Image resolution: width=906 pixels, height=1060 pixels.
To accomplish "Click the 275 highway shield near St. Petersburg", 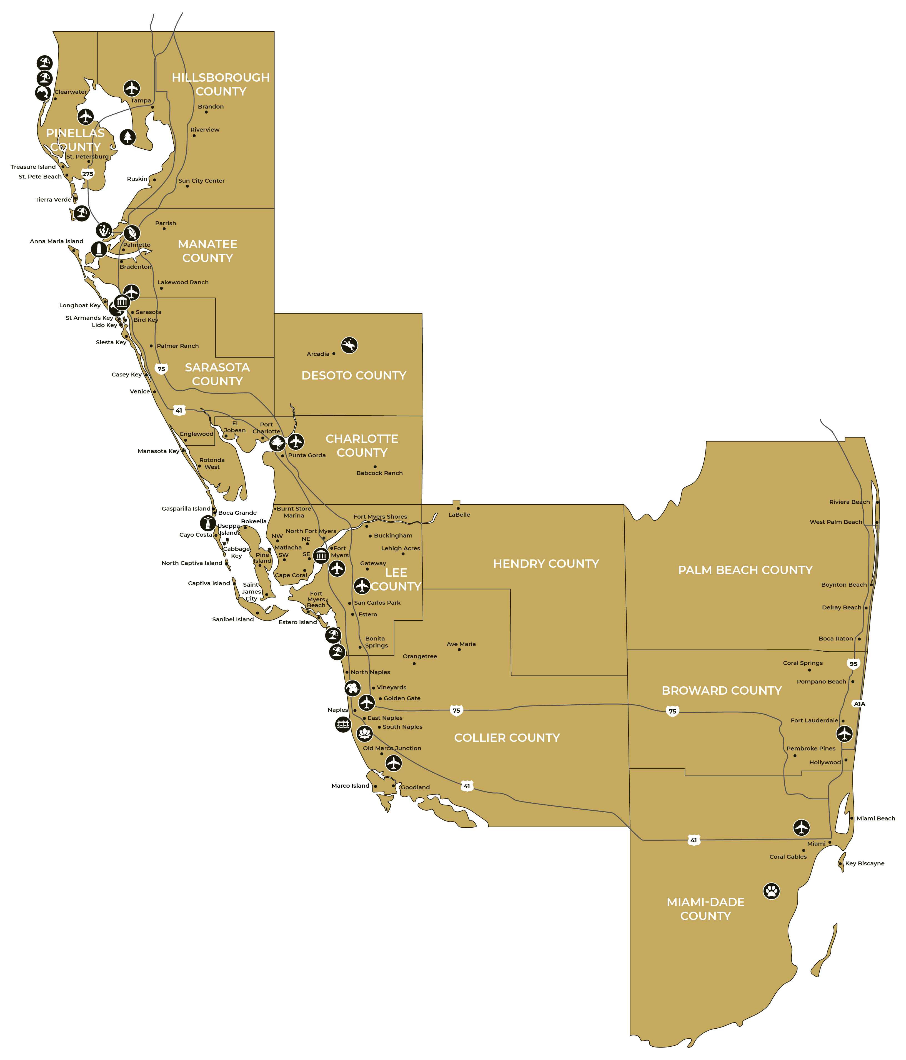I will pyautogui.click(x=88, y=174).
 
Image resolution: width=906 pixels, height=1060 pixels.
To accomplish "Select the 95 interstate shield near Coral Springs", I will pyautogui.click(x=853, y=664).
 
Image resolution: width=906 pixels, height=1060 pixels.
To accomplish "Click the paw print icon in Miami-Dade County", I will pyautogui.click(x=771, y=891).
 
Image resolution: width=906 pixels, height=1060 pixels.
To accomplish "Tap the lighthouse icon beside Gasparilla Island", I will pyautogui.click(x=208, y=523).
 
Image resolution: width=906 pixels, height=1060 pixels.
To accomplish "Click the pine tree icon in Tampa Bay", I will pyautogui.click(x=127, y=137).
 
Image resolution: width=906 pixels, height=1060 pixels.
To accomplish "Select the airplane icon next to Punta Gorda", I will pyautogui.click(x=296, y=441).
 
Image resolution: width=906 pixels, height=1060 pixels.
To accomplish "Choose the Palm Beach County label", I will pyautogui.click(x=745, y=570).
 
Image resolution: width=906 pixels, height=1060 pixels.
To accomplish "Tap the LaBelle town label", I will pyautogui.click(x=459, y=515).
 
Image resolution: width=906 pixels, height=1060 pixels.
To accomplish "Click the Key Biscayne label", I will pyautogui.click(x=865, y=863).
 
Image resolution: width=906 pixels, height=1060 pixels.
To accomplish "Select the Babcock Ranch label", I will pyautogui.click(x=379, y=473).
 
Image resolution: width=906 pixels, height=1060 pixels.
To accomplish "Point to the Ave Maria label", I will pyautogui.click(x=461, y=644).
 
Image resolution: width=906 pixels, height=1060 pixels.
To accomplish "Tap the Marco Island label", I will pyautogui.click(x=350, y=786).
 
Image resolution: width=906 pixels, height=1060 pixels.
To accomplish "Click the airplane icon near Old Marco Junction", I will pyautogui.click(x=393, y=763).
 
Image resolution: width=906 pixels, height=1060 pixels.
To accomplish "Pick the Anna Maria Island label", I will pyautogui.click(x=56, y=242).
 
